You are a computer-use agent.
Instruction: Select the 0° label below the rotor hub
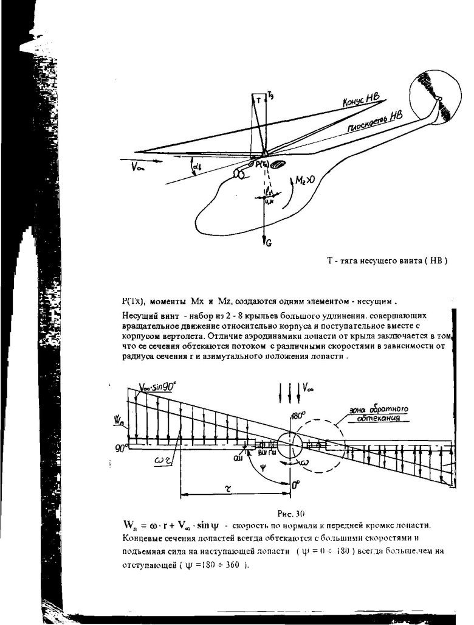pyautogui.click(x=296, y=485)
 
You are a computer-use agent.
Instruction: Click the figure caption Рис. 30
pyautogui.click(x=286, y=513)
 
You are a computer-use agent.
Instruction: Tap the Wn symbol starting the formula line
pyautogui.click(x=129, y=525)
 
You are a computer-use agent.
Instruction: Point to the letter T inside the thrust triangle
pyautogui.click(x=258, y=103)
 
